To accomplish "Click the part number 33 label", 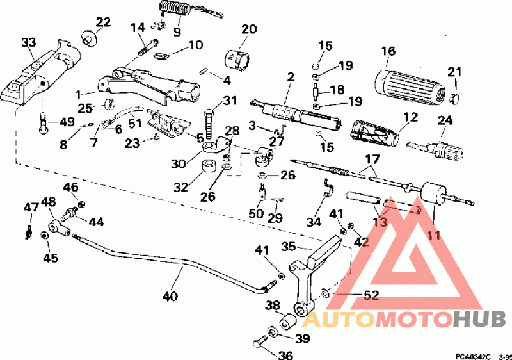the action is coord(28,43).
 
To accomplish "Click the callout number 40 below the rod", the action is coord(170,296).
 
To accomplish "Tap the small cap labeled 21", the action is coord(455,97).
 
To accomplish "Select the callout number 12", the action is coord(410,117).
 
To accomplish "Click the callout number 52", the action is coord(371,295).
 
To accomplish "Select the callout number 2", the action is coord(291,77).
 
